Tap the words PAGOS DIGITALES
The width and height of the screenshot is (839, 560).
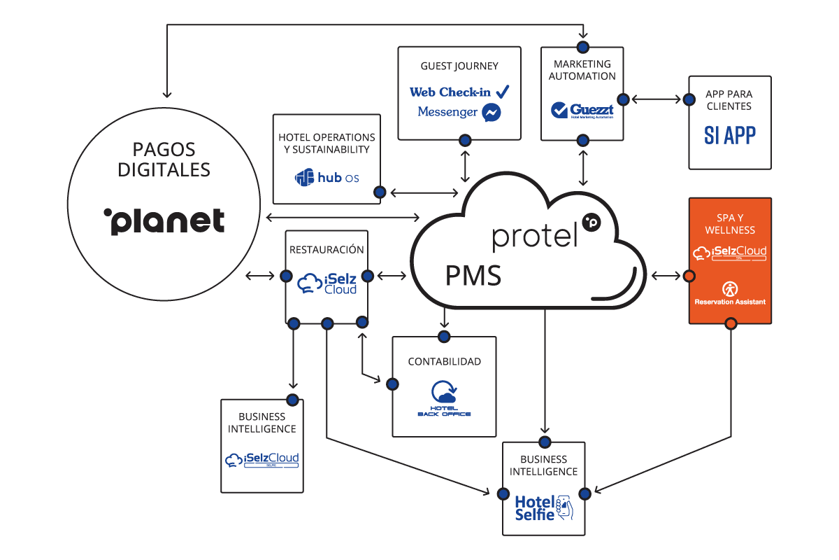coord(164,160)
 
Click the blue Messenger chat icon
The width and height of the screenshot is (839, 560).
coord(492,112)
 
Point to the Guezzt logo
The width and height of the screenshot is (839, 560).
coord(582,110)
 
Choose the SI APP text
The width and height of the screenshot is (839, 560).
coord(729,135)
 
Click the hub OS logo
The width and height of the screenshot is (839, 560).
coord(327,178)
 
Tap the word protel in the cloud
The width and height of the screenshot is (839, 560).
coord(536,236)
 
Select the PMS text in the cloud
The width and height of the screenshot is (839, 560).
coord(473,276)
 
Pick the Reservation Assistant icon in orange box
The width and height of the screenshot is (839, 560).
coord(729,288)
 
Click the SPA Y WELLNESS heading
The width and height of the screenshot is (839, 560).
coord(730,223)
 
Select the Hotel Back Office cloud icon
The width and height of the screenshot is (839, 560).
coord(443,393)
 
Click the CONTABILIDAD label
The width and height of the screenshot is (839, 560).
coord(444,362)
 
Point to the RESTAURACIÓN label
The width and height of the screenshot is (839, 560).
coord(327,249)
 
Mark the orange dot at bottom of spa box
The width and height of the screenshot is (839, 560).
coord(731,323)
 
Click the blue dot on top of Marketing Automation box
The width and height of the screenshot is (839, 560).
coord(582,47)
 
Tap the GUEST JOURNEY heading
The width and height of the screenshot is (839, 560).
coord(459,66)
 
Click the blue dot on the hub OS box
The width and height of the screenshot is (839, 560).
coord(380,192)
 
